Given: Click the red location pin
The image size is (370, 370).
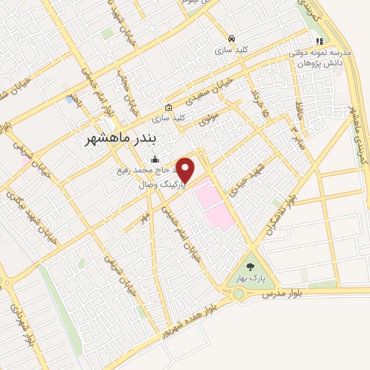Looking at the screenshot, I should pyautogui.click(x=186, y=171).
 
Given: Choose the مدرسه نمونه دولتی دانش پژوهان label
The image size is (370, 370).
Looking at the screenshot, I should pyautogui.click(x=319, y=59).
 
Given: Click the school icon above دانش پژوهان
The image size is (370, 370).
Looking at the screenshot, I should pyautogui.click(x=319, y=40).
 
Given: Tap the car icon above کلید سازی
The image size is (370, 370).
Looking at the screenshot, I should pyautogui.click(x=231, y=38).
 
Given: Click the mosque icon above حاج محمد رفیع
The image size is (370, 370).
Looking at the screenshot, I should pyautogui.click(x=153, y=160).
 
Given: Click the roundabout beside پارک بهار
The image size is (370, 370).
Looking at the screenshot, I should pyautogui.click(x=238, y=293).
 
